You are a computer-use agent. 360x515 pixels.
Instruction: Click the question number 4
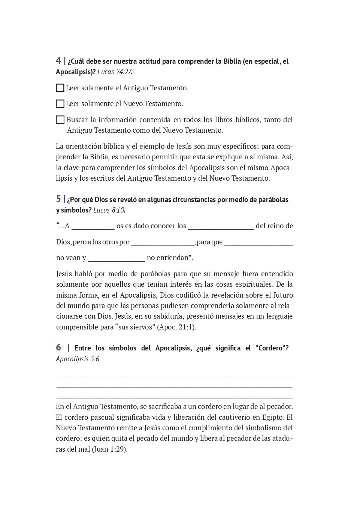pyautogui.click(x=58, y=61)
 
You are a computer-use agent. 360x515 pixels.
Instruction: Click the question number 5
pyautogui.click(x=58, y=199)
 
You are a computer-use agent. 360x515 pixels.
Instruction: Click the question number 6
pyautogui.click(x=58, y=347)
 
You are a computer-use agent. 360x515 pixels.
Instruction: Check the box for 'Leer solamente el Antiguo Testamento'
pyautogui.click(x=60, y=88)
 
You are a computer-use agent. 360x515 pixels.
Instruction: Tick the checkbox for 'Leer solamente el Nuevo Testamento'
pyautogui.click(x=60, y=104)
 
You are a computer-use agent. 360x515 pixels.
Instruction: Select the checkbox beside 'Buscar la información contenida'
pyautogui.click(x=60, y=120)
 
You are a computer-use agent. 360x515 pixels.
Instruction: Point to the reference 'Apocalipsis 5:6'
pyautogui.click(x=78, y=359)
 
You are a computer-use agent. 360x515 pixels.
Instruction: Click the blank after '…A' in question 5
pyautogui.click(x=93, y=226)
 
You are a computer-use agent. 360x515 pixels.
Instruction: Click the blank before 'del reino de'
pyautogui.click(x=221, y=226)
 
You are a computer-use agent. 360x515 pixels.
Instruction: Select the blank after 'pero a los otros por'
pyautogui.click(x=162, y=242)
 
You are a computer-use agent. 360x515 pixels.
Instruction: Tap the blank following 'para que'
pyautogui.click(x=258, y=242)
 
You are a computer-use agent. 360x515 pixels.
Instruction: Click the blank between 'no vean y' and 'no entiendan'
pyautogui.click(x=116, y=258)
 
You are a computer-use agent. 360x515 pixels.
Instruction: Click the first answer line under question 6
pyautogui.click(x=174, y=376)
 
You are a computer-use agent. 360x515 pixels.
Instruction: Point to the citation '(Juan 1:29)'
pyautogui.click(x=110, y=449)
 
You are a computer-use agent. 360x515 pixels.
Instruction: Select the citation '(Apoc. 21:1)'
pyautogui.click(x=176, y=327)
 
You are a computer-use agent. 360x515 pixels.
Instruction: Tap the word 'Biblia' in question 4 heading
pyautogui.click(x=232, y=61)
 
